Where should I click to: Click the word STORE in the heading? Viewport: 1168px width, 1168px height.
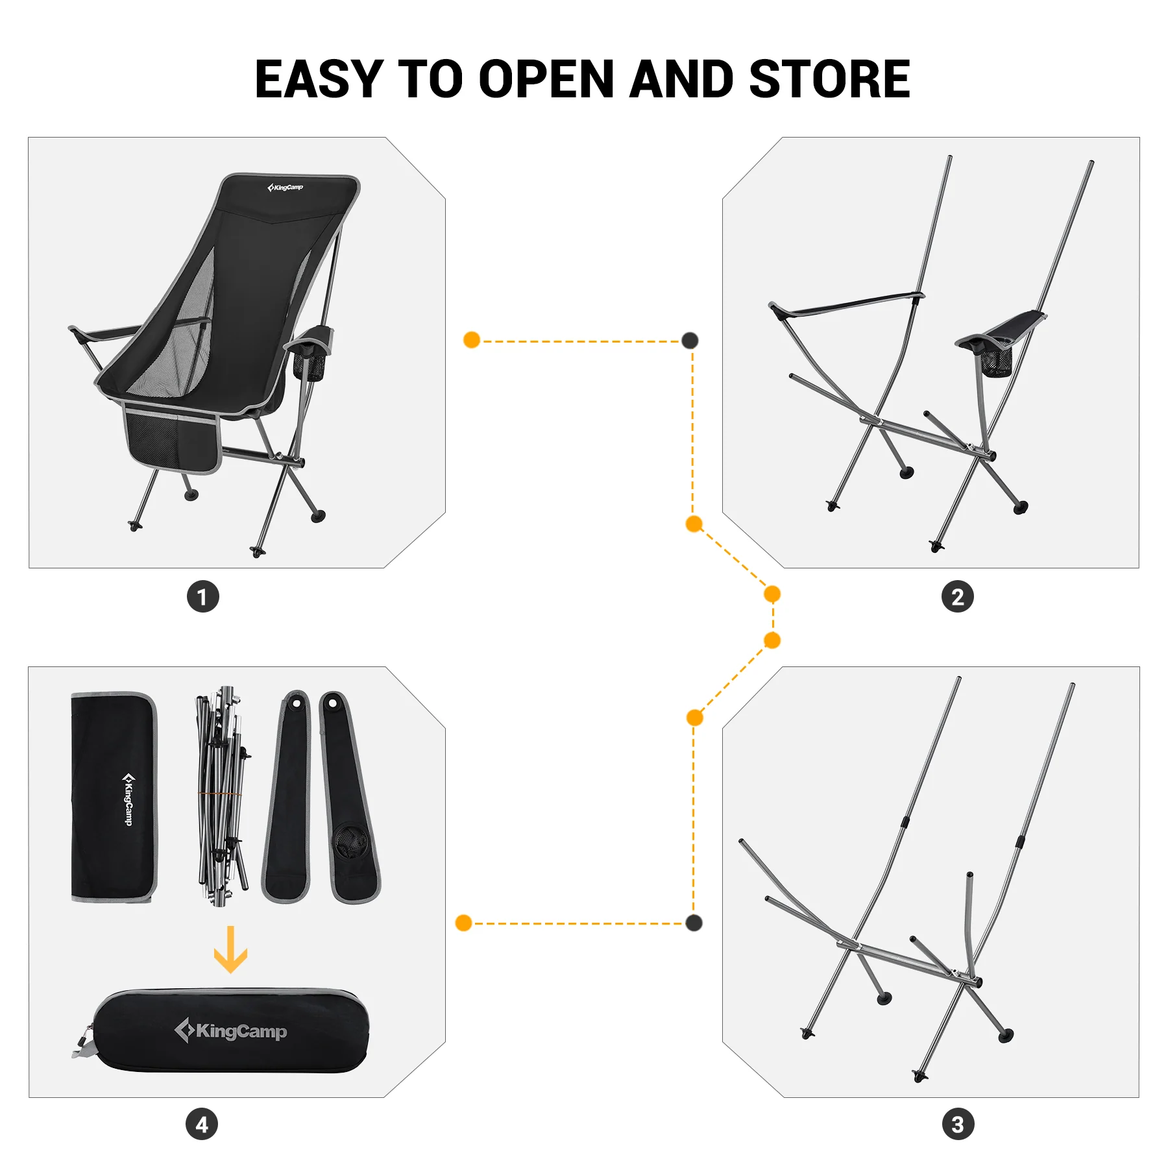pos(829,79)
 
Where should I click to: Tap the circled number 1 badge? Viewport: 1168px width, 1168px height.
pos(203,597)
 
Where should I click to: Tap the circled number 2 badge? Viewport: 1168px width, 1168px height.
pos(958,597)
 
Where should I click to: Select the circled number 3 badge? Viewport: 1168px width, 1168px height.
pos(958,1125)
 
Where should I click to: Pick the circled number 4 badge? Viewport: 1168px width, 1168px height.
pos(202,1125)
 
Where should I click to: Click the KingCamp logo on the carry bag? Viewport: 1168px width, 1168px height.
pos(232,1031)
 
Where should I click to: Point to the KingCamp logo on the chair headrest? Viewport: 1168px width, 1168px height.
pos(286,188)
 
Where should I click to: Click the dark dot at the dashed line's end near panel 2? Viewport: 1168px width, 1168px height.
pos(690,341)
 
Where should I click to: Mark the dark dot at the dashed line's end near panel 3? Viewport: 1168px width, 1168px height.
pos(694,923)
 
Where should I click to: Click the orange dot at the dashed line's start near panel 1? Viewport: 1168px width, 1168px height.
pos(472,340)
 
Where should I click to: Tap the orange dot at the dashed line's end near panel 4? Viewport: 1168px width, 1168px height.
pos(463,923)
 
